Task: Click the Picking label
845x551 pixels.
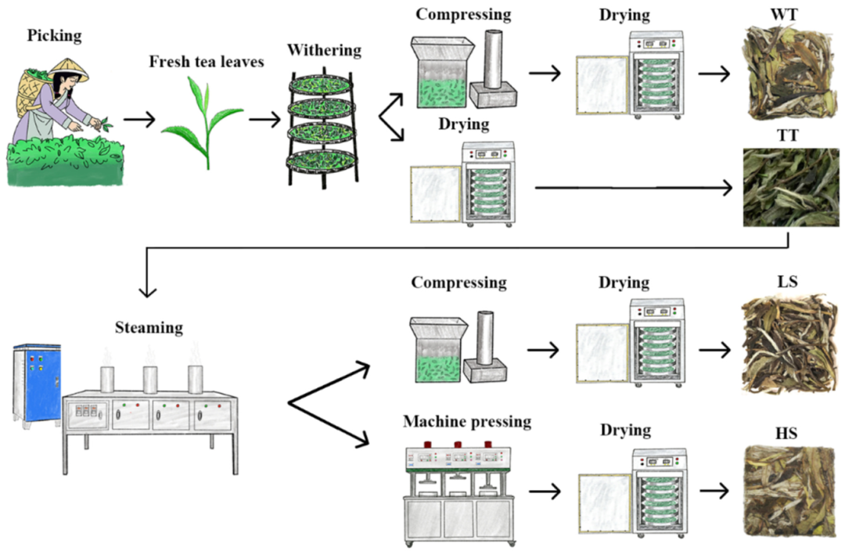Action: click(54, 35)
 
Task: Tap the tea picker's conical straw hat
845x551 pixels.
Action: click(70, 69)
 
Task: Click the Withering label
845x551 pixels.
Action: click(324, 51)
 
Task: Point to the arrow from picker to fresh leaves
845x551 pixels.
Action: click(139, 121)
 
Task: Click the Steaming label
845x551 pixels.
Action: click(149, 327)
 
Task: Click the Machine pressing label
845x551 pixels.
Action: click(467, 422)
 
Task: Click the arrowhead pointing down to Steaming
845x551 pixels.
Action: click(147, 291)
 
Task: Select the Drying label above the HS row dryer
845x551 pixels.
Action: click(624, 430)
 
